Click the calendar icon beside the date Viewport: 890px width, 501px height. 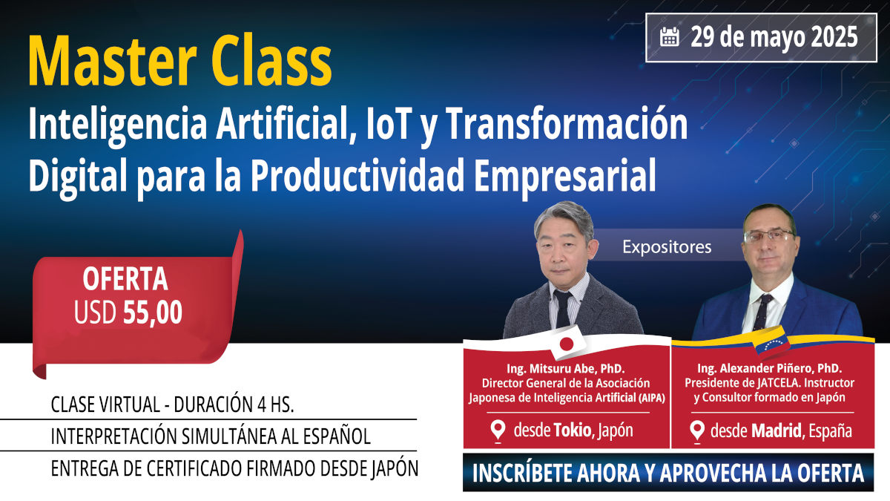[x=670, y=37]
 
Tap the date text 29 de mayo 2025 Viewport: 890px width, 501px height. [x=774, y=37]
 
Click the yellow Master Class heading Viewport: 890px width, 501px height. [x=180, y=64]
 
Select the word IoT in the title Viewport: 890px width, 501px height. [x=388, y=126]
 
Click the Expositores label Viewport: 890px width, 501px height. [x=667, y=247]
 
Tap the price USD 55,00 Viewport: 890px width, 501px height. [x=128, y=313]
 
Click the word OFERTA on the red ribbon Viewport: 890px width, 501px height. [x=125, y=280]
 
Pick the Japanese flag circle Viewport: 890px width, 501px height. [x=567, y=343]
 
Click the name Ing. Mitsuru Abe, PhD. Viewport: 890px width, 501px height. [x=566, y=369]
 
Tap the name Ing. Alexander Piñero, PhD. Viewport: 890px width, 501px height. [x=769, y=369]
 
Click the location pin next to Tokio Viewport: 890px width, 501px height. [x=499, y=430]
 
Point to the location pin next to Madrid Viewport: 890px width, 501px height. [x=697, y=430]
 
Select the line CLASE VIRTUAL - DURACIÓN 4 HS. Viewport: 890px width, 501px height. [x=172, y=406]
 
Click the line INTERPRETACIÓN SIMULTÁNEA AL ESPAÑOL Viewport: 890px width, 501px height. [x=210, y=436]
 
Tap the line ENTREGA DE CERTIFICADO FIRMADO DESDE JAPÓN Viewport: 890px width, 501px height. [x=229, y=468]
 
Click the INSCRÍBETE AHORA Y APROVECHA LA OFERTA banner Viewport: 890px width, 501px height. [x=668, y=473]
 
